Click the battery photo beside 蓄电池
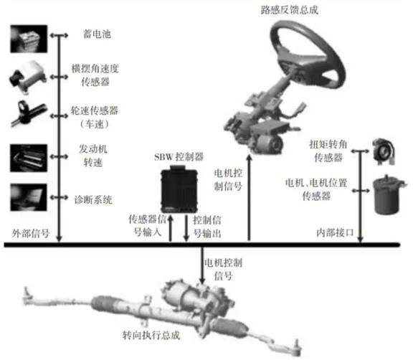[x=29, y=39]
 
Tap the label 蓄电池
[x=97, y=34]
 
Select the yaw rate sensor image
[x=28, y=77]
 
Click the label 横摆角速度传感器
[x=95, y=75]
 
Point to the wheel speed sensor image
[x=29, y=114]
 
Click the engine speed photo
[x=29, y=158]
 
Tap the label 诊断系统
[x=93, y=200]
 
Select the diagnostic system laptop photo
[x=29, y=197]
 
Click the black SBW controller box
[x=179, y=189]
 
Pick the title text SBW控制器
[x=179, y=157]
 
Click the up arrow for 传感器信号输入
[x=171, y=228]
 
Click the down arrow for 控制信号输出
[x=186, y=228]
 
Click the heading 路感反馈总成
[x=290, y=10]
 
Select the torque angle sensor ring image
[x=384, y=151]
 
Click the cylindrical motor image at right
[x=388, y=195]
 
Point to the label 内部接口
[x=335, y=233]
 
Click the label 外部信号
[x=31, y=233]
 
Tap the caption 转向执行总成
[x=151, y=335]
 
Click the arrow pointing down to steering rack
[x=202, y=265]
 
